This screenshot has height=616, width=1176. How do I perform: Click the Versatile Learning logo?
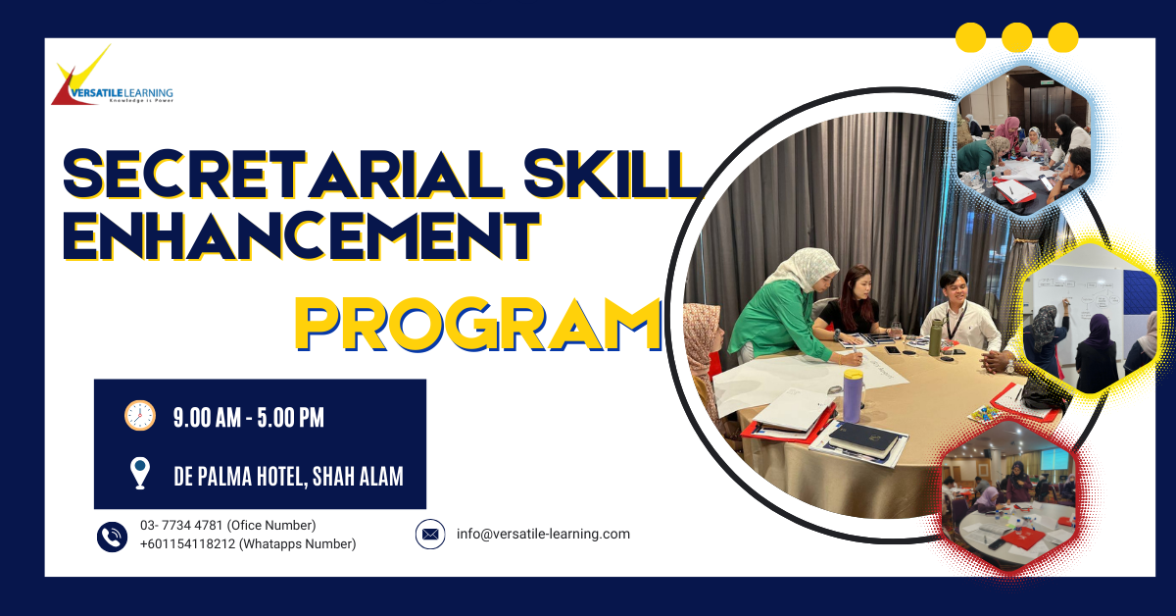coord(113,77)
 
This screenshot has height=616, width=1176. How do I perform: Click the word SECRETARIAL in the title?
coord(283,174)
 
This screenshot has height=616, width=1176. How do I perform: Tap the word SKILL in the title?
coord(612,174)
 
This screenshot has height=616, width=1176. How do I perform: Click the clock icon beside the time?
coord(140,416)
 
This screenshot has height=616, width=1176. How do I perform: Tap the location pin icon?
coord(140,473)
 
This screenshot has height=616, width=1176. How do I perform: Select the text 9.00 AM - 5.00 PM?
coord(249,418)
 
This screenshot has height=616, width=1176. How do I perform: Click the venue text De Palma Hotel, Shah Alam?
coord(289,476)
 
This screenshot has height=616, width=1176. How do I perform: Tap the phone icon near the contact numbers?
coord(112,537)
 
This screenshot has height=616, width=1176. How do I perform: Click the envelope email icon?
coord(430,534)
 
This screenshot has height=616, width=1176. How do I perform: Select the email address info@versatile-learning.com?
coord(543,534)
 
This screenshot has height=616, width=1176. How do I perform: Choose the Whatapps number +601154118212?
coord(187,544)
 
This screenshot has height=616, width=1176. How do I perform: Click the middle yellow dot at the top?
coord(1017,37)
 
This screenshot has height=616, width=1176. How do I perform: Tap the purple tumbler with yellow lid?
coord(854,395)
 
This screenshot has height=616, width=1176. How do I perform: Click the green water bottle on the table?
coord(935,336)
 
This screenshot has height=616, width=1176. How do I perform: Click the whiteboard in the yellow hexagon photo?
coord(1076,305)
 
